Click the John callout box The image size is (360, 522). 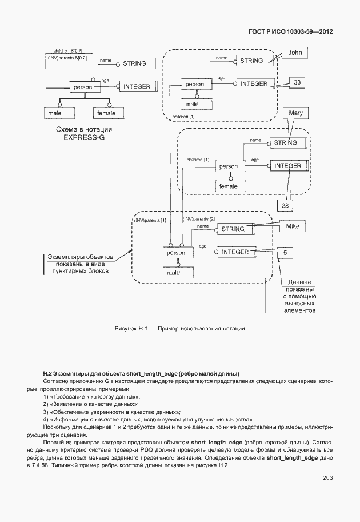(x=294, y=53)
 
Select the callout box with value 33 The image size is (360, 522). (x=297, y=83)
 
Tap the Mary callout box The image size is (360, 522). (x=295, y=113)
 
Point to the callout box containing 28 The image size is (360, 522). (x=285, y=205)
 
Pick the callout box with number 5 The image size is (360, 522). (x=285, y=252)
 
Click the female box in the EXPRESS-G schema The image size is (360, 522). (x=106, y=113)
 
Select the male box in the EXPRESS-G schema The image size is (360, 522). (x=55, y=113)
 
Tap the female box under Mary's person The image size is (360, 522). (x=228, y=186)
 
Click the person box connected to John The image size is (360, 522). (x=195, y=85)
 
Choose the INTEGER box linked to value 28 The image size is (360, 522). (x=287, y=166)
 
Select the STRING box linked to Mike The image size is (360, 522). (x=233, y=229)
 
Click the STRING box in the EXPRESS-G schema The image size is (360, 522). (x=134, y=63)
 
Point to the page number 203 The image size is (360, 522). (x=327, y=478)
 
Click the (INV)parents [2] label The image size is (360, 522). (x=198, y=220)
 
